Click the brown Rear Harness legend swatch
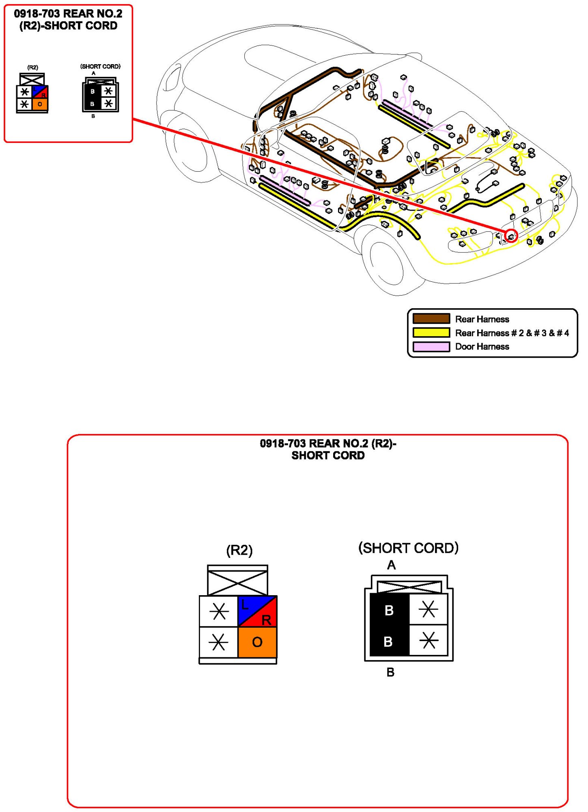[431, 319]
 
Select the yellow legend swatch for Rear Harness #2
[431, 333]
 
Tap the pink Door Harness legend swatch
[431, 346]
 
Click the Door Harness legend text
[482, 346]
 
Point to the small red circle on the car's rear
[511, 236]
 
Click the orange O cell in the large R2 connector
[257, 642]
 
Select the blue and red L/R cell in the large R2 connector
[257, 611]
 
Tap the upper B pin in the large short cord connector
[389, 610]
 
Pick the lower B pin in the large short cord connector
[388, 641]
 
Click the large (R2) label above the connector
[239, 550]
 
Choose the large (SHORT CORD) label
[408, 548]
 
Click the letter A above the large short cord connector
[391, 565]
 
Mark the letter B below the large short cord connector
[390, 672]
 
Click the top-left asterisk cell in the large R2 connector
[219, 611]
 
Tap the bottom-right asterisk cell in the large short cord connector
[429, 641]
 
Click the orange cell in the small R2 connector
[40, 104]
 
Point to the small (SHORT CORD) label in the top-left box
[100, 67]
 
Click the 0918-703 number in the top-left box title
[37, 13]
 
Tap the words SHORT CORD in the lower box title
[328, 456]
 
